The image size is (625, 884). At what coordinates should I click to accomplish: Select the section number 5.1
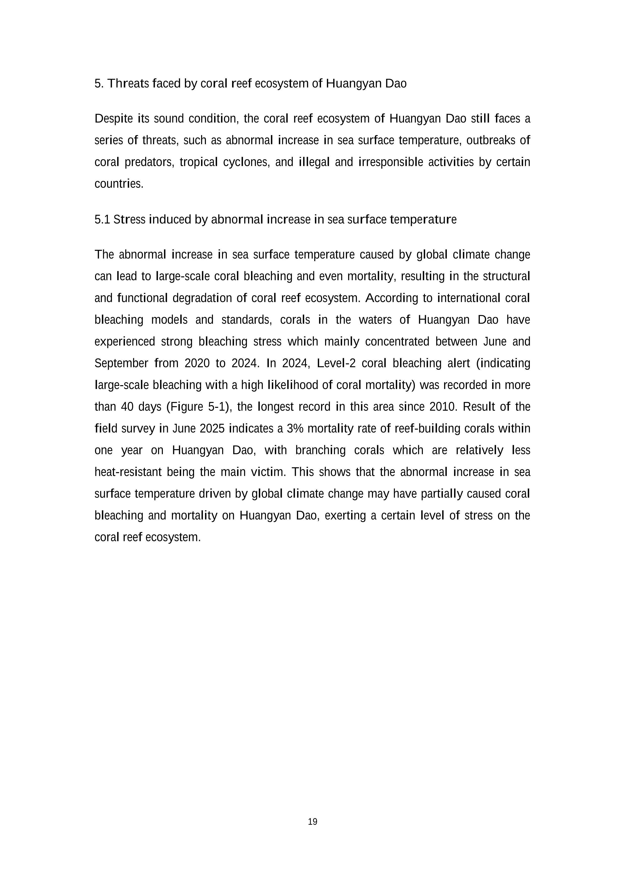tap(102, 220)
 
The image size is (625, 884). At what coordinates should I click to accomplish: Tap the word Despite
tap(113, 119)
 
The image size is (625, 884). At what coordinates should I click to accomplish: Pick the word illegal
tap(314, 163)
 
